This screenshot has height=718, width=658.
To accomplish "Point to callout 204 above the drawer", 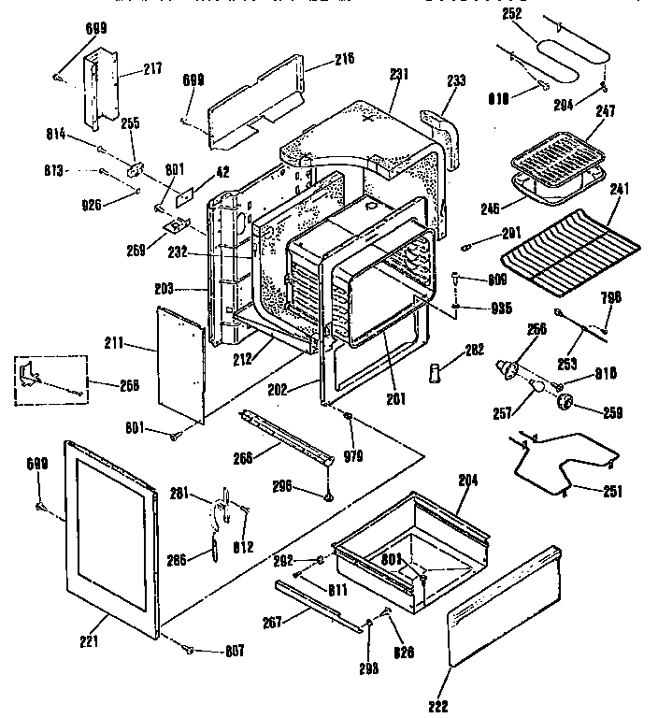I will (x=468, y=481).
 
